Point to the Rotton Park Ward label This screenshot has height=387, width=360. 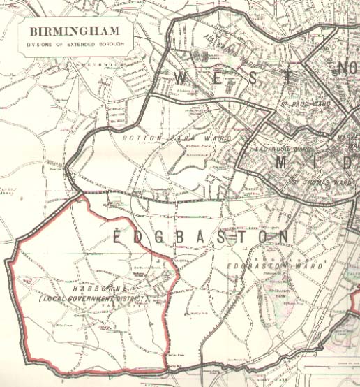tap(177, 138)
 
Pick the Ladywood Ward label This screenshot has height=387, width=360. tap(282, 149)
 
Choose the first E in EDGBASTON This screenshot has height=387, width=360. tap(118, 238)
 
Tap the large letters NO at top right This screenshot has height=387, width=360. tap(347, 69)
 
